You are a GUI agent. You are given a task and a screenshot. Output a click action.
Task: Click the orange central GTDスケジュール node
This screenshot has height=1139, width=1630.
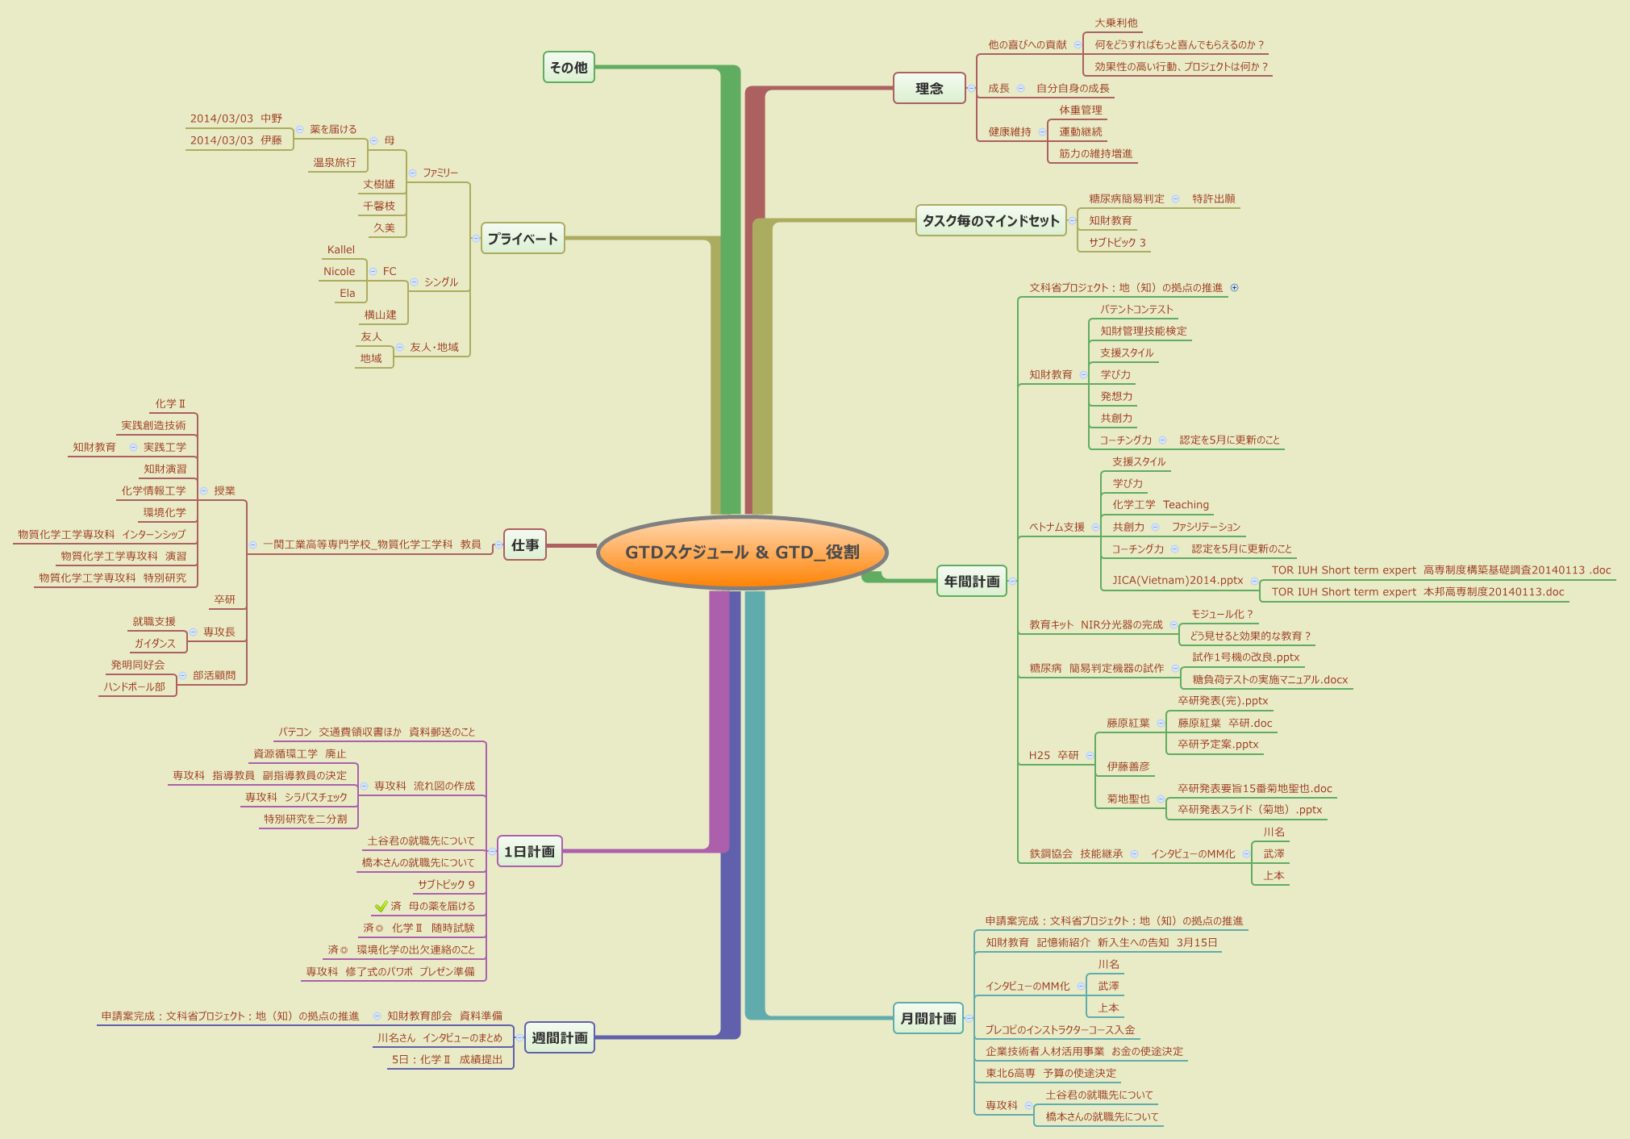742,553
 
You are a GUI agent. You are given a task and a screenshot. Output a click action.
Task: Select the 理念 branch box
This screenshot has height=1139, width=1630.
929,89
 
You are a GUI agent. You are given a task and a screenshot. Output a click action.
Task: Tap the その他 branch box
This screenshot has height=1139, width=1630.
569,68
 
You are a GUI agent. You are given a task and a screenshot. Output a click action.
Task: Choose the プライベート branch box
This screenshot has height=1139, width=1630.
523,239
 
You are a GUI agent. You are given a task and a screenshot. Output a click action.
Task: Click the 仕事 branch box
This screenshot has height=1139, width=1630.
525,545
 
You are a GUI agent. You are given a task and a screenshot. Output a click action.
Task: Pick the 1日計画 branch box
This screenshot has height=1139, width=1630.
529,852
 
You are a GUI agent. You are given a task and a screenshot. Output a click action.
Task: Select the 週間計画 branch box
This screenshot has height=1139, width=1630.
559,1038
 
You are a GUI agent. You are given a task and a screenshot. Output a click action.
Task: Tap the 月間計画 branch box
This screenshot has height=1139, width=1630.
928,1019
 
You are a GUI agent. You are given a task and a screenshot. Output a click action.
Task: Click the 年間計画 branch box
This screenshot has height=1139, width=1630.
972,582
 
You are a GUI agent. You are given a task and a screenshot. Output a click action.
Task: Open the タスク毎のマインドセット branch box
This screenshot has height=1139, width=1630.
990,221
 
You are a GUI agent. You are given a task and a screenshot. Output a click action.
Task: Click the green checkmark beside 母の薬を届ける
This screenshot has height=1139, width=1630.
381,906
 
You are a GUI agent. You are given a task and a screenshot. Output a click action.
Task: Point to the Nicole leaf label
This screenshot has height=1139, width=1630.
340,272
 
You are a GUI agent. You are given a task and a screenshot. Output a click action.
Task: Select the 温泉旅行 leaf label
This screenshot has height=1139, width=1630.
335,163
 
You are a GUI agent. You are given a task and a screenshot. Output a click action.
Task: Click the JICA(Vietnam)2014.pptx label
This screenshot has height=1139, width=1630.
1178,580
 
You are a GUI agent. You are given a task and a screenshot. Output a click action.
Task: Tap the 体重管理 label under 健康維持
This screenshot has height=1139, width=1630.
1080,111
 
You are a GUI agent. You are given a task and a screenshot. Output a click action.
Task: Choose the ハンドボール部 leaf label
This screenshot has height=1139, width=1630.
135,687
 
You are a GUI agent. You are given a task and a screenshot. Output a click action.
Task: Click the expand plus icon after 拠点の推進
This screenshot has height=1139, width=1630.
1234,288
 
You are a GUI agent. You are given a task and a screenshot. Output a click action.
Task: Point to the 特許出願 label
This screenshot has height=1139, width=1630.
1213,199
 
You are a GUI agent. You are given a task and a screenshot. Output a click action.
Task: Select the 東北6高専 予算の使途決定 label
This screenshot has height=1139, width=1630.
1051,1074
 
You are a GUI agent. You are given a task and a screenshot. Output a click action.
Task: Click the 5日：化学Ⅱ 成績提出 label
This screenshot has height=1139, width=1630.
447,1060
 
